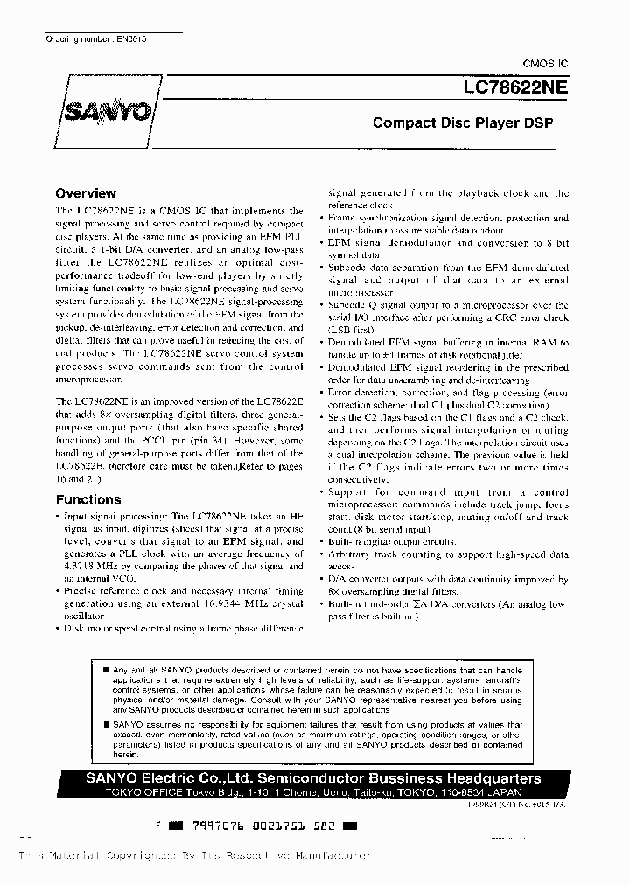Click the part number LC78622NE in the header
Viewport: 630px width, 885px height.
516,87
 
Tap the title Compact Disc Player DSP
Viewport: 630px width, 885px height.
463,123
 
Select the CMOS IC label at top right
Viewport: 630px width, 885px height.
545,64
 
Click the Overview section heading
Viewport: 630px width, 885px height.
86,193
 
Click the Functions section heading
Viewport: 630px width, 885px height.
88,499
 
